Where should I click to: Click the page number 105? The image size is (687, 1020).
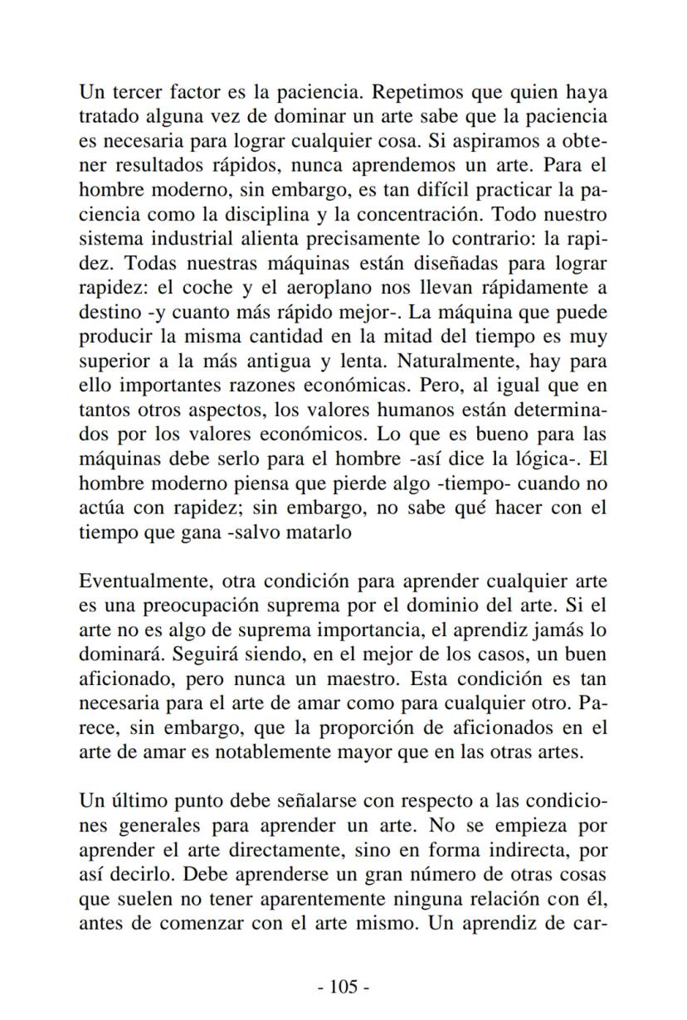[x=343, y=986]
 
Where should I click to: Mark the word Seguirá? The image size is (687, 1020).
[x=202, y=654]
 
